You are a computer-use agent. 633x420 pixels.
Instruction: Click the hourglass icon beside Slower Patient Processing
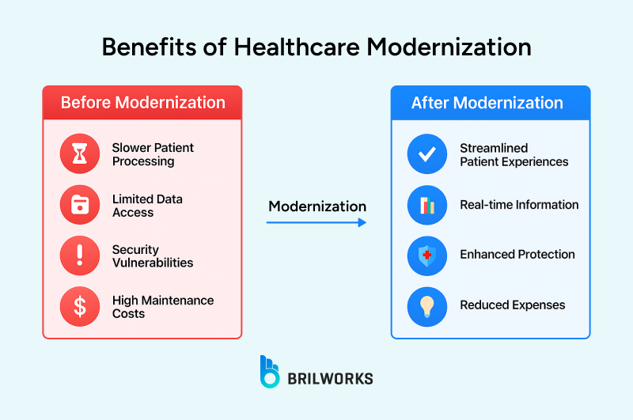click(80, 154)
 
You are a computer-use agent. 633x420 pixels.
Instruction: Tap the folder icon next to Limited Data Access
click(80, 206)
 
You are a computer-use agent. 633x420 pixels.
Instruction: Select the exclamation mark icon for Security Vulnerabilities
click(80, 255)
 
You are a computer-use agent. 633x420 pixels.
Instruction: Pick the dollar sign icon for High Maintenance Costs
click(80, 307)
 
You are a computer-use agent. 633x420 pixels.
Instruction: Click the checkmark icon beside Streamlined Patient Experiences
click(427, 154)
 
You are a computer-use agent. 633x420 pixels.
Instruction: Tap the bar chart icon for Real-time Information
click(427, 206)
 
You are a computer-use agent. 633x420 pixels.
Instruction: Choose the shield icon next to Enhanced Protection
click(427, 255)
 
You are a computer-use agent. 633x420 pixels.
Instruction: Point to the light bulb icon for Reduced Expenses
click(427, 307)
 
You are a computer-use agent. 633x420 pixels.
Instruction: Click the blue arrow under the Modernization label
click(316, 223)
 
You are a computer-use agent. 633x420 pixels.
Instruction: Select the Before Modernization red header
click(142, 103)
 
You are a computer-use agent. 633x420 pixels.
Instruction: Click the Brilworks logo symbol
click(270, 372)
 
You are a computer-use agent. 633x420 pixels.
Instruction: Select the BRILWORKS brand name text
click(332, 379)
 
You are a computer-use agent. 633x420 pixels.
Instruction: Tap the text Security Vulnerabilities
click(153, 256)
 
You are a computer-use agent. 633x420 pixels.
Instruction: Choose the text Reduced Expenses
click(513, 305)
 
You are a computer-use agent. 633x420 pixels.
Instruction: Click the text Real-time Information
click(519, 205)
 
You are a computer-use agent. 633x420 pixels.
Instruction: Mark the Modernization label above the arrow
click(317, 206)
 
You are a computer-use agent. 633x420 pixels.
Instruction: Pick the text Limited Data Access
click(147, 206)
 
